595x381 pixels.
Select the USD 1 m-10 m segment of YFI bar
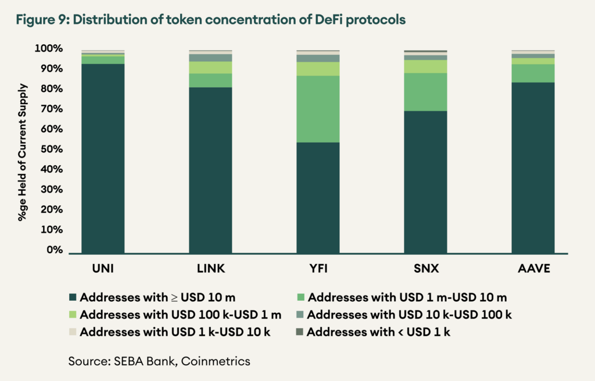318,109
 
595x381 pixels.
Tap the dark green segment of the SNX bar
425,181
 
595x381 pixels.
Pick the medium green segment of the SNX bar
425,92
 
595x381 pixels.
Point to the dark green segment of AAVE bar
533,168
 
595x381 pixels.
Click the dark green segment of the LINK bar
210,170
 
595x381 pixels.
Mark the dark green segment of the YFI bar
318,198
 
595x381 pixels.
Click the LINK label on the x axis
210,269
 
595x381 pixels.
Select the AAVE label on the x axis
533,269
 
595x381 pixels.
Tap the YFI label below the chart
318,269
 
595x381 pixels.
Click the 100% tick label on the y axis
49,48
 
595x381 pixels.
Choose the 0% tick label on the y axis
53,250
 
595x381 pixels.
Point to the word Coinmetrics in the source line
216,361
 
